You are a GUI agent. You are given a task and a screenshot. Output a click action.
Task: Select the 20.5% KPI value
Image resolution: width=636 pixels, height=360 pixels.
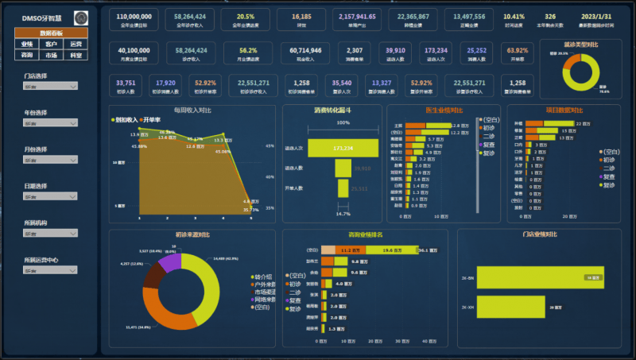click(x=246, y=17)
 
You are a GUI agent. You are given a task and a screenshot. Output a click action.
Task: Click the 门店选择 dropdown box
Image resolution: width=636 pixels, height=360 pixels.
click(x=50, y=87)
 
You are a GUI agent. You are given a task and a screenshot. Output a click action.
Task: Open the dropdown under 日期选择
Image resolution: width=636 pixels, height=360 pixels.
click(x=50, y=196)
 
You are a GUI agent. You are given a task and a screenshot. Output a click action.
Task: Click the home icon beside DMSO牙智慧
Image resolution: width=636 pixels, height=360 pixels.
click(x=81, y=17)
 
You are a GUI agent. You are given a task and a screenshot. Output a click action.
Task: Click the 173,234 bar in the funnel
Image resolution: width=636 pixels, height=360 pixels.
click(x=343, y=148)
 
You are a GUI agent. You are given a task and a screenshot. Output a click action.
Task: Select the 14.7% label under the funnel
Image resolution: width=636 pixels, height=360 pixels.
click(x=343, y=214)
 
